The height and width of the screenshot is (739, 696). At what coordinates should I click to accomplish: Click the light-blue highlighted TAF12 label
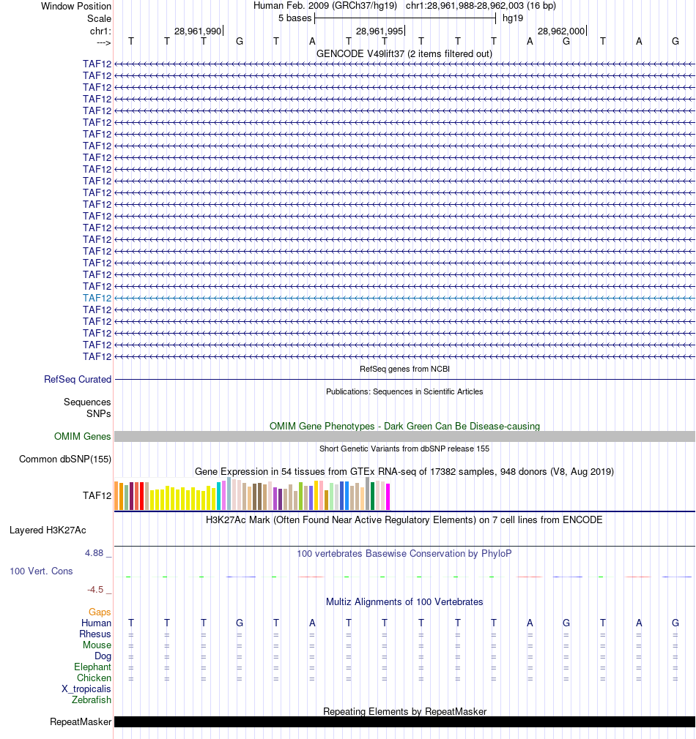coord(97,298)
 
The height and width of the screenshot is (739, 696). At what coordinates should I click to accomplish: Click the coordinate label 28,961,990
coord(197,31)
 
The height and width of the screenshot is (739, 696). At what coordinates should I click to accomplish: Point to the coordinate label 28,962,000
coord(561,31)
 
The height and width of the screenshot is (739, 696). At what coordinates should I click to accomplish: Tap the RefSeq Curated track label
coord(78,380)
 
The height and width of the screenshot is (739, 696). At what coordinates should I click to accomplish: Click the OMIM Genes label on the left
coord(83,437)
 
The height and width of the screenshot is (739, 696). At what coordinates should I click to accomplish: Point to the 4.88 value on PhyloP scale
coord(97,552)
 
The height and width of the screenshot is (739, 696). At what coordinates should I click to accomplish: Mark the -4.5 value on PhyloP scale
coord(98,589)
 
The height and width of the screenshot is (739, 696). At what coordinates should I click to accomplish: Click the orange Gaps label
coord(100,612)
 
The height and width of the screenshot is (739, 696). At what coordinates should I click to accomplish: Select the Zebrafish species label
coord(92,700)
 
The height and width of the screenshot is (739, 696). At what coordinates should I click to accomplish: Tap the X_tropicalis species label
coord(86,689)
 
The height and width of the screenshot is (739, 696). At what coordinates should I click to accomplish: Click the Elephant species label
coord(92,667)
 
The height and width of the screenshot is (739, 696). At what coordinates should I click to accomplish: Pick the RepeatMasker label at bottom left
coord(81,722)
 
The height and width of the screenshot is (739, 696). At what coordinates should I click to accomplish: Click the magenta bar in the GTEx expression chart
coord(388,497)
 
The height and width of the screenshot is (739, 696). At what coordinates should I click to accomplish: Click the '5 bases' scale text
coord(295,18)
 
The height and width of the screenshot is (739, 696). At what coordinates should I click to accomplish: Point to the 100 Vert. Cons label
coord(41,571)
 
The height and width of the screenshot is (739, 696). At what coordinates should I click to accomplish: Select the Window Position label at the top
coord(76,6)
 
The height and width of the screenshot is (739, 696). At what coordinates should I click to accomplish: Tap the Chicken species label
coord(95,678)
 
